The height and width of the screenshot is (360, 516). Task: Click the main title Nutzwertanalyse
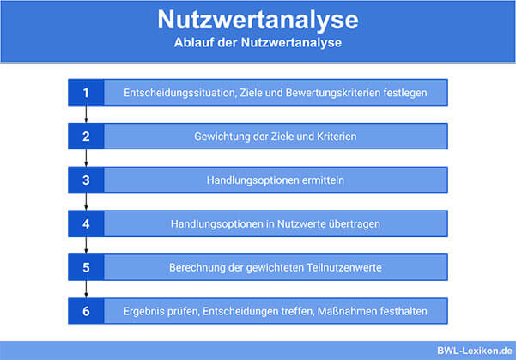258,20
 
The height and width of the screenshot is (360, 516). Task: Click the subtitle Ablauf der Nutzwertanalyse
258,42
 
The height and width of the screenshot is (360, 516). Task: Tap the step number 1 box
86,93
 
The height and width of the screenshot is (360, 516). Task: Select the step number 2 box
86,137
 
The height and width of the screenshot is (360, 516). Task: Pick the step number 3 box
86,180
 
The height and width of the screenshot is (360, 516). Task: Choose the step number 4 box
86,224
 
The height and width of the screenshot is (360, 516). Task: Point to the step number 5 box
86,267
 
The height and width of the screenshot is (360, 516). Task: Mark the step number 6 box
86,311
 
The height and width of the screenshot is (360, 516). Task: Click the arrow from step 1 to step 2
86,114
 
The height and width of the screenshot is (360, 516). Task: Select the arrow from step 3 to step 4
86,202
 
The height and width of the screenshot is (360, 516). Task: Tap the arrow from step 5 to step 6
86,290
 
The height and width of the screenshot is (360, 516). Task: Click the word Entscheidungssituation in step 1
180,93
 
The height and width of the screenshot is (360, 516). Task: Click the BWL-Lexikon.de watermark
475,351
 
